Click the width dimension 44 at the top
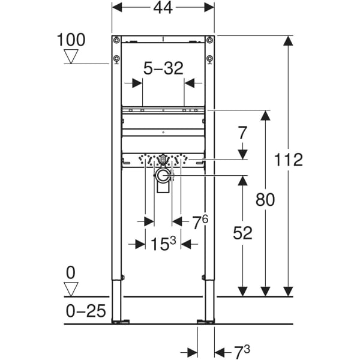[163, 8]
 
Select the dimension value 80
[265, 199]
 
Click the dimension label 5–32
[163, 69]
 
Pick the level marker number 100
[71, 40]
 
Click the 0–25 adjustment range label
[86, 311]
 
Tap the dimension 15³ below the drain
[163, 244]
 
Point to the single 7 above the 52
[242, 133]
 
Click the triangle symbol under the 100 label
[71, 56]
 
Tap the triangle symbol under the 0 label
[71, 289]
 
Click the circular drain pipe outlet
[162, 176]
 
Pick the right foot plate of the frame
[206, 322]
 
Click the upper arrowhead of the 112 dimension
[288, 41]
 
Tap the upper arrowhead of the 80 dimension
[265, 115]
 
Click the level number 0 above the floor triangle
[71, 273]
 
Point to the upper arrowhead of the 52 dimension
[242, 180]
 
